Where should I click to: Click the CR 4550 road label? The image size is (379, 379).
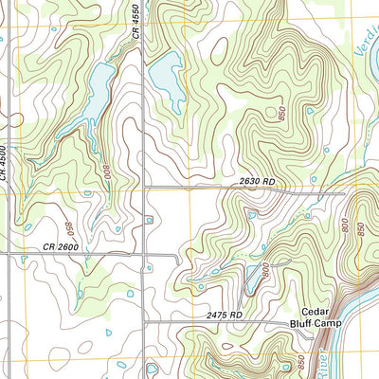click(x=137, y=20)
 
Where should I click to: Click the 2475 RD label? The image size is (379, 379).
click(x=224, y=315)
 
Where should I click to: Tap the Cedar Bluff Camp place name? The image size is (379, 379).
click(x=320, y=317)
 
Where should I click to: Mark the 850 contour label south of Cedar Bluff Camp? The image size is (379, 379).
click(x=302, y=361)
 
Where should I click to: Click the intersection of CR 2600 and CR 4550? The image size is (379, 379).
click(x=144, y=254)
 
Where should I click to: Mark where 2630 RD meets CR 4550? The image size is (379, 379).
click(x=144, y=189)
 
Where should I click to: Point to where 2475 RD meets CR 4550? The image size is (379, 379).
click(x=144, y=322)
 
